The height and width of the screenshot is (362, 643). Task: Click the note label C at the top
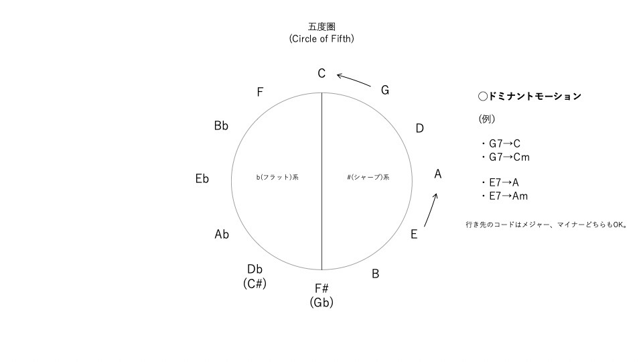point(321,74)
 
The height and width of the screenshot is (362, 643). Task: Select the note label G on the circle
point(385,90)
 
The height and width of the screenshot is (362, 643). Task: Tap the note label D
point(419,128)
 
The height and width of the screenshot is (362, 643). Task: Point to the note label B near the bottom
point(376,274)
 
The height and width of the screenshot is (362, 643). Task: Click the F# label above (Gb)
point(321,288)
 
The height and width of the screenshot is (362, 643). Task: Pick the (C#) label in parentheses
point(255,284)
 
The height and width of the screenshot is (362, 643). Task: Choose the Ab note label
point(222,234)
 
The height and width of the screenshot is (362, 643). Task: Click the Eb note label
point(202,178)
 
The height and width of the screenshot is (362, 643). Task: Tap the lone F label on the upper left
point(260,93)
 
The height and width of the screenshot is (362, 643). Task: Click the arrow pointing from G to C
point(353,80)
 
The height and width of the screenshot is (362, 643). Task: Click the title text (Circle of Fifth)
point(321,39)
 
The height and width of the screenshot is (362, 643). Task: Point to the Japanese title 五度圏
point(321,27)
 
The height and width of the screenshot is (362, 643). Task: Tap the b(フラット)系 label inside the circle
point(277,178)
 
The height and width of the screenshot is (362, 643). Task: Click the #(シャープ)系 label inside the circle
point(369,178)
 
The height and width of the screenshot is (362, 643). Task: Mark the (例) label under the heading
point(486,119)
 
